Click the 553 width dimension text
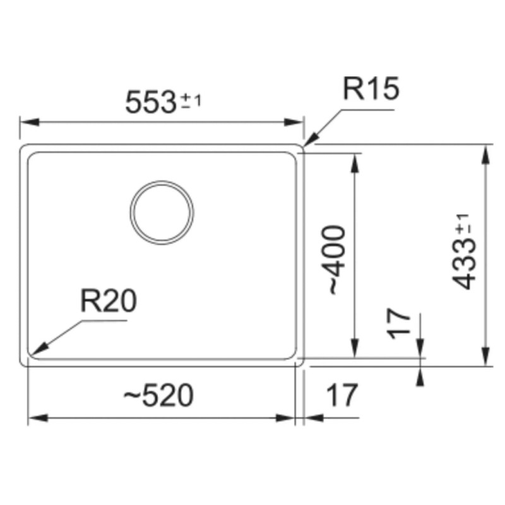click(x=150, y=102)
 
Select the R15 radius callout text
click(x=371, y=88)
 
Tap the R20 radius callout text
click(x=109, y=301)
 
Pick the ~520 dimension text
click(x=158, y=395)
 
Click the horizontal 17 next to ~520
click(x=342, y=395)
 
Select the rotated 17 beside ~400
click(x=399, y=324)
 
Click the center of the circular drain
click(x=162, y=213)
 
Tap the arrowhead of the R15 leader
click(x=309, y=140)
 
